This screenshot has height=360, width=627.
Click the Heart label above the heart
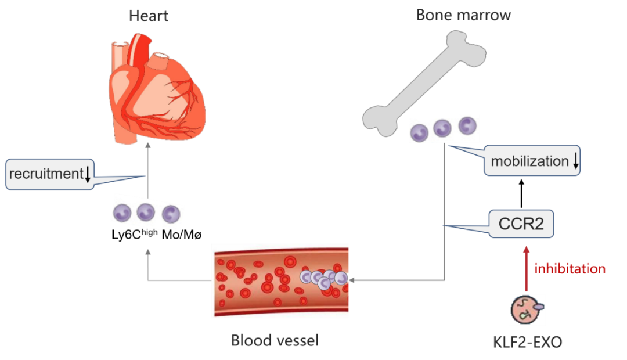pos(149,15)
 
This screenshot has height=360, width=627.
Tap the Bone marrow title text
pos(463,14)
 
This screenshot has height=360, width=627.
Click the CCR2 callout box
pos(521,224)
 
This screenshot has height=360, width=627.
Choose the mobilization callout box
pos(532,161)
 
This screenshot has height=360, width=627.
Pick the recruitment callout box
pos(49,174)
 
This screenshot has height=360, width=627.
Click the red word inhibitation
pos(570,269)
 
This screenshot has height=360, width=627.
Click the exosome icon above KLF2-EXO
pos(527,309)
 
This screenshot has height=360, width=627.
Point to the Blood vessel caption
pos(275,340)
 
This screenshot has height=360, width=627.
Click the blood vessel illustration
pos(280,280)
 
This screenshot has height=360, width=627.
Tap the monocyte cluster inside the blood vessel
pos(323,279)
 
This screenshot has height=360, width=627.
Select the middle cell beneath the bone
pos(442,129)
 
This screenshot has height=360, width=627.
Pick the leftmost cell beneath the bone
pos(419,132)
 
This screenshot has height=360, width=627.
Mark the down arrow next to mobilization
pos(575,162)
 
